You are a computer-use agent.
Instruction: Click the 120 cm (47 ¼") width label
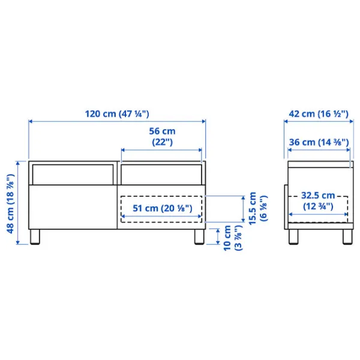coord(116,113)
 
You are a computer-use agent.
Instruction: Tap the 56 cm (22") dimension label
coord(161,136)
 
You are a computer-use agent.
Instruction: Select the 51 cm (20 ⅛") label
coord(161,208)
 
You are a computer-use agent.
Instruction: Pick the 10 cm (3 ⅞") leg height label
coord(230,239)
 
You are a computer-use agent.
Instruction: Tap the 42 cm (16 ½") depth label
coord(317,113)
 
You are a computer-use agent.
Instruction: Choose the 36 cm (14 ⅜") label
coord(317,142)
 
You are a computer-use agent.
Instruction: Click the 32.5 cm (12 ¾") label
coord(317,200)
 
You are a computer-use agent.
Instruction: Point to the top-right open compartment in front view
coord(161,174)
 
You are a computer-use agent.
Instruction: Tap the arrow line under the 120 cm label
coord(116,122)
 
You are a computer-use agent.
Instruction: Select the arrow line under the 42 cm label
coord(317,122)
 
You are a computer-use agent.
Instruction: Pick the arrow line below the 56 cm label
coord(161,149)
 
